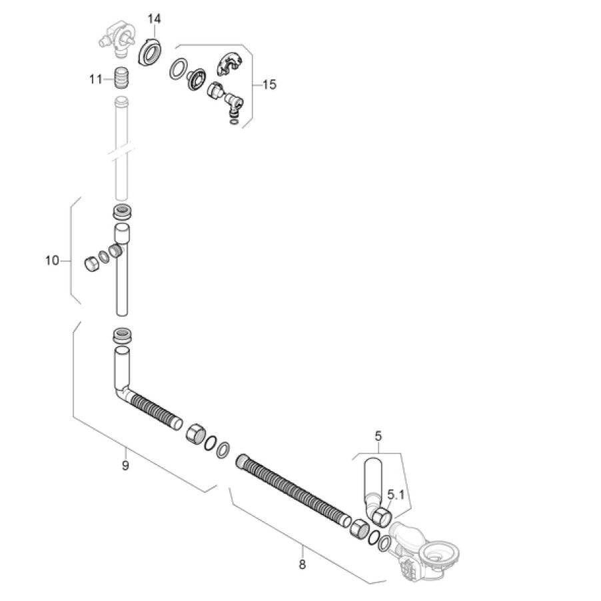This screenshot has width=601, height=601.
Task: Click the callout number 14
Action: pyautogui.click(x=155, y=19)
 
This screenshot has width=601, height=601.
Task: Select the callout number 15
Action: pyautogui.click(x=269, y=85)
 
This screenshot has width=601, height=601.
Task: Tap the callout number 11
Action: pyautogui.click(x=96, y=79)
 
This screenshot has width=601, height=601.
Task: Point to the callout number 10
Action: pyautogui.click(x=52, y=261)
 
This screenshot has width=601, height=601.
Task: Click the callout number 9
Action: pyautogui.click(x=125, y=465)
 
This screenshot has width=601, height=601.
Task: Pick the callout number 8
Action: pyautogui.click(x=302, y=564)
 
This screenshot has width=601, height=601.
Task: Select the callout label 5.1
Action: pyautogui.click(x=396, y=494)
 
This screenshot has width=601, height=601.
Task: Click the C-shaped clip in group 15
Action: pyautogui.click(x=229, y=63)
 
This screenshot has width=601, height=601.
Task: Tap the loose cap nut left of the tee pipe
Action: pyautogui.click(x=91, y=263)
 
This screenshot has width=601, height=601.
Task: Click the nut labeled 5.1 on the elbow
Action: pyautogui.click(x=381, y=516)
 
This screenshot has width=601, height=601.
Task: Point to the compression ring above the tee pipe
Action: pyautogui.click(x=123, y=212)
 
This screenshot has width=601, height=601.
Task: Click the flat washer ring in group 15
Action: pyautogui.click(x=179, y=69)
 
